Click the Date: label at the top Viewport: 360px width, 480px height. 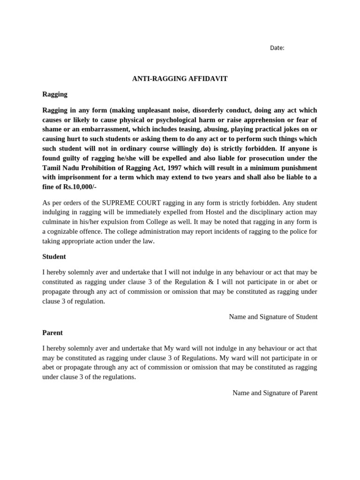point(277,48)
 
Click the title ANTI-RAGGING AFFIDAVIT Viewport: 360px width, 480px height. point(180,79)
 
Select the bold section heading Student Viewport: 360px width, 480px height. point(54,256)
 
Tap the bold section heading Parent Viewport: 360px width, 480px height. point(52,332)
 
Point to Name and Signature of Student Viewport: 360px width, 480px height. point(273,317)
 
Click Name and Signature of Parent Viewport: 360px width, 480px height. point(275,393)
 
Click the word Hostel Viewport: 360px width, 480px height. point(217,212)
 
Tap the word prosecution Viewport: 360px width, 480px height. point(255,158)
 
